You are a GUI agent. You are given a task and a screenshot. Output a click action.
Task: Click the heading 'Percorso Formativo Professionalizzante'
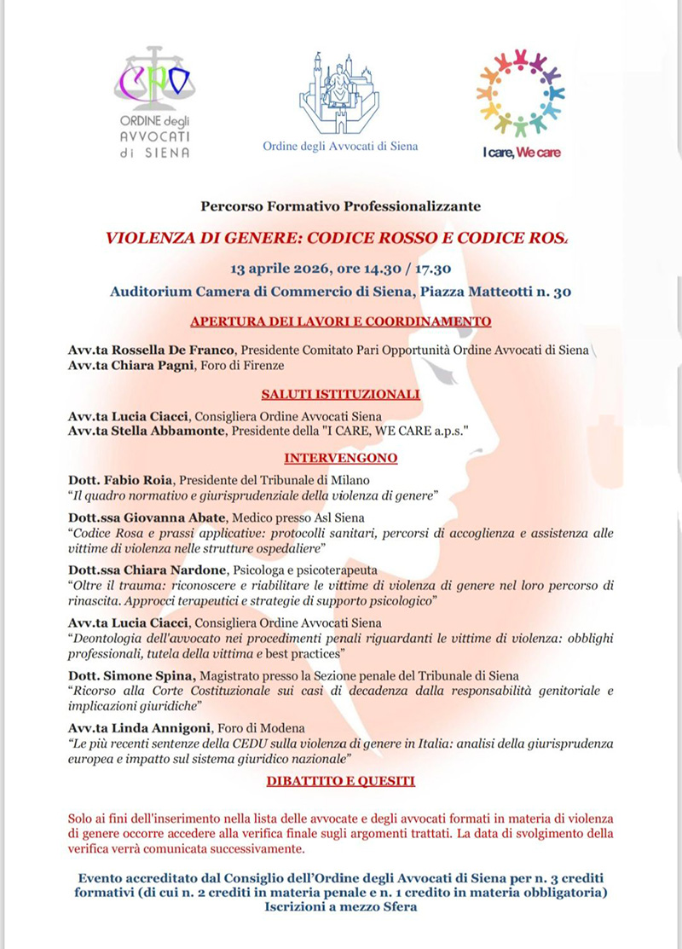pos(341,206)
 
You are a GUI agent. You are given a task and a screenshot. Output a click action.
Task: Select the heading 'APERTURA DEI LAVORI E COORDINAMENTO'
pos(341,322)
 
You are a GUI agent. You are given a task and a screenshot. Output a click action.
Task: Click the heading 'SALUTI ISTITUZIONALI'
pos(340,394)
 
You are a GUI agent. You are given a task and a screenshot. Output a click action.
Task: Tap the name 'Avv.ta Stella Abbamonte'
pos(146,432)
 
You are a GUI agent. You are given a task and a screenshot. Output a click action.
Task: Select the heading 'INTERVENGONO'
pos(340,458)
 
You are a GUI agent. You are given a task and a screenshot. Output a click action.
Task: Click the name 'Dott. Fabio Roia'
pos(120,480)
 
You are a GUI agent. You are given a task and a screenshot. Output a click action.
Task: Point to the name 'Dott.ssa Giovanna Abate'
pos(142,518)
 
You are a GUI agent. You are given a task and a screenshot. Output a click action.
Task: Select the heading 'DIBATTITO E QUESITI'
pos(340,779)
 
